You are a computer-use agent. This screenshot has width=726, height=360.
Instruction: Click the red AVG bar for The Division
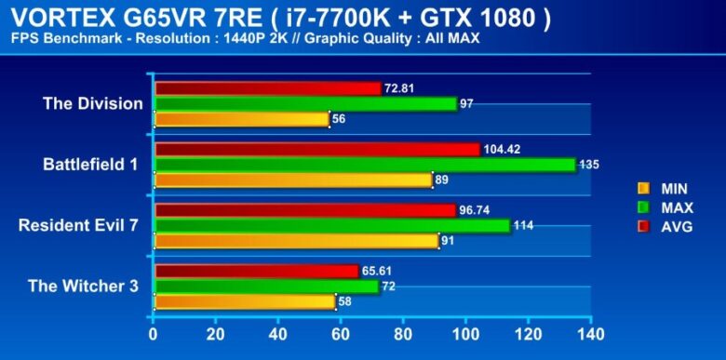pos(268,88)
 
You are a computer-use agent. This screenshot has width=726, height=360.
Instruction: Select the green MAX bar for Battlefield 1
pos(365,165)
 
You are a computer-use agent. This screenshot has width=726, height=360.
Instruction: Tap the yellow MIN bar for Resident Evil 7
pos(295,241)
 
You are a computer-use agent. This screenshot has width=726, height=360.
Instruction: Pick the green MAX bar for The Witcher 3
pos(266,287)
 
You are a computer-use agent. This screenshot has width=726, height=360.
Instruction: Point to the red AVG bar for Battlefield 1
pos(316,149)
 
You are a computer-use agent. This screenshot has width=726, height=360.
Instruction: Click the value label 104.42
pos(503,149)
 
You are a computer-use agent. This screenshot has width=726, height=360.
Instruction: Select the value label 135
pos(589,165)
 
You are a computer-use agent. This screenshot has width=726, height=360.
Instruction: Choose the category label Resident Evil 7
pos(78,225)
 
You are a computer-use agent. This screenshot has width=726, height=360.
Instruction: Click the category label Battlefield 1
pos(90,165)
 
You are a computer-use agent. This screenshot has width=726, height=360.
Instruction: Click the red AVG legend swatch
pos(643,226)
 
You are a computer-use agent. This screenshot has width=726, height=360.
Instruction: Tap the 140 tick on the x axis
pos(591,333)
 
